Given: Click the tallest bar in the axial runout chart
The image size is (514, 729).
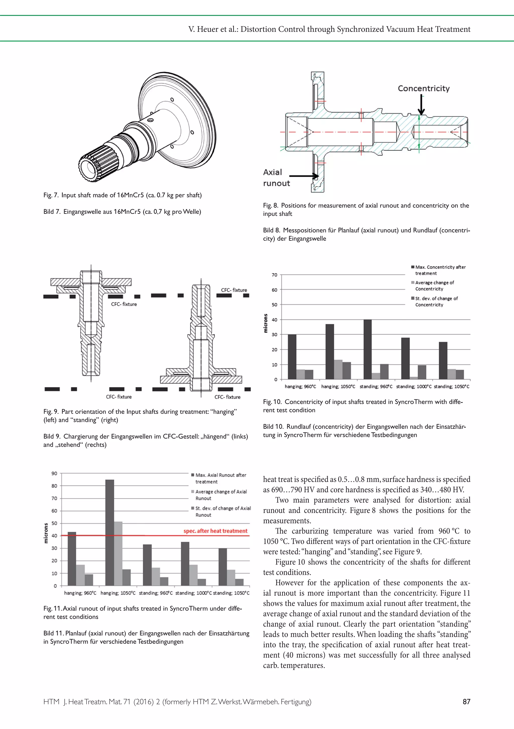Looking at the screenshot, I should pos(109,532).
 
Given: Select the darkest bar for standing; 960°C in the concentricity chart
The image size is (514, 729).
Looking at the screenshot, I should pos(367,349).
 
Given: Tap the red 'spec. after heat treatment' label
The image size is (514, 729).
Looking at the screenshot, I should pos(215,531).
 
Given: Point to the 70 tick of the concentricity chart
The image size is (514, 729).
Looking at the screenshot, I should pos(274,275).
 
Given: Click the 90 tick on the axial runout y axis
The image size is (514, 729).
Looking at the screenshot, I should pos(54,473).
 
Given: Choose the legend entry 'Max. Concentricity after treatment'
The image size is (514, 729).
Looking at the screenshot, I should pos(440,270).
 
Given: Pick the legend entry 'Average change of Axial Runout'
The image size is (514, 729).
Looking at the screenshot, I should pos(221,495).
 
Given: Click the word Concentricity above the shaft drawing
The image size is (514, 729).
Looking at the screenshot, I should pos(423,88).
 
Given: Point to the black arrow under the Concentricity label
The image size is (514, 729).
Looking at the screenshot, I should pos(421,105).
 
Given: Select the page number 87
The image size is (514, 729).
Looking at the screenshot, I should pos(466,701).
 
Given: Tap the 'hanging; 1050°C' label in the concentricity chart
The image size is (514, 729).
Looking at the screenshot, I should pos(338,386).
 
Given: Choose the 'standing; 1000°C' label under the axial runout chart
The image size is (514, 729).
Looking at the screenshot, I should pos(193,593).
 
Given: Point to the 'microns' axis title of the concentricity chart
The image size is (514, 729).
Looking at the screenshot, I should pos(266,323).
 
